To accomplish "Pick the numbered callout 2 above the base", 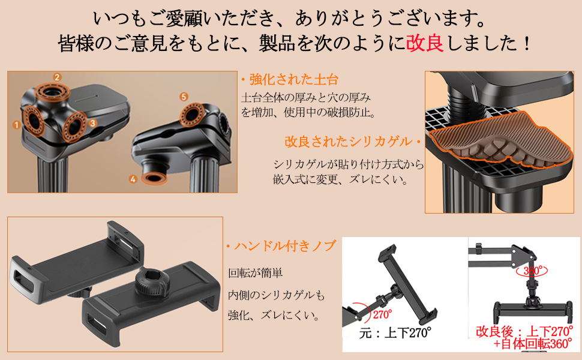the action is tap(57, 77).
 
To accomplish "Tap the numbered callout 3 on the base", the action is tap(92, 122).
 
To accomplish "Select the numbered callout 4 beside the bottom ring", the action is tap(133, 178).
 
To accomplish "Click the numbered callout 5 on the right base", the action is tap(184, 96).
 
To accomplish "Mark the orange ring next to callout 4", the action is tap(155, 178).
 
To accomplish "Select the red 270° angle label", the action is tap(381, 314).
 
